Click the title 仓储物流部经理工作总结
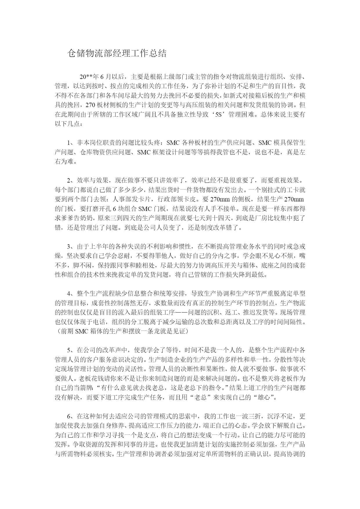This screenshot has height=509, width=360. coord(117,53)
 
